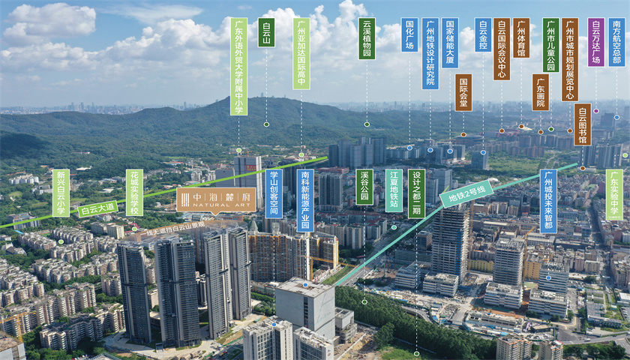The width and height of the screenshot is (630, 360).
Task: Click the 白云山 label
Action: pyautogui.click(x=265, y=33)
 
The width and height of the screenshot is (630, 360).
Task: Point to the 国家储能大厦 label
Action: pyautogui.click(x=450, y=43)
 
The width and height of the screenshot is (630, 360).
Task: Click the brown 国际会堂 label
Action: pyautogui.click(x=463, y=92)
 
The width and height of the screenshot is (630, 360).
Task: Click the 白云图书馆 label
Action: pyautogui.click(x=582, y=124)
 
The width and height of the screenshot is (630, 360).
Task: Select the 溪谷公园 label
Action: pyautogui.click(x=364, y=187)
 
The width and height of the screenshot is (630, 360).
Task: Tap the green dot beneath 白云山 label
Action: pyautogui.click(x=266, y=124)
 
